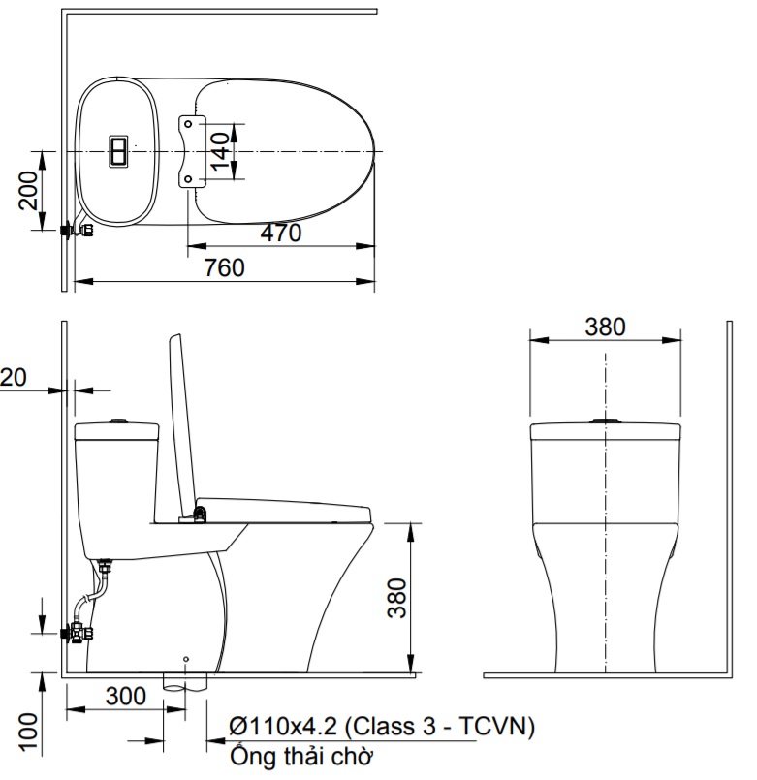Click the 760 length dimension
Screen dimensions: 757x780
(x=225, y=267)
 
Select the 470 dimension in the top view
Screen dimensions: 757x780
(x=281, y=233)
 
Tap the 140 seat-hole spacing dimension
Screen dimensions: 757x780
(x=219, y=151)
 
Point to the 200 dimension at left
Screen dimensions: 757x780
(x=28, y=191)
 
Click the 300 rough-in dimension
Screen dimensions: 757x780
(x=126, y=696)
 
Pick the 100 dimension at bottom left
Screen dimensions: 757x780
(x=28, y=732)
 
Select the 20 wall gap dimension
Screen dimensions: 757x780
(x=13, y=377)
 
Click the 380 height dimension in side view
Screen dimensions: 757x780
(x=396, y=598)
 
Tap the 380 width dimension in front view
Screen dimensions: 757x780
(x=605, y=327)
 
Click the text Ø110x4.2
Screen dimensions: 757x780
(x=283, y=727)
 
